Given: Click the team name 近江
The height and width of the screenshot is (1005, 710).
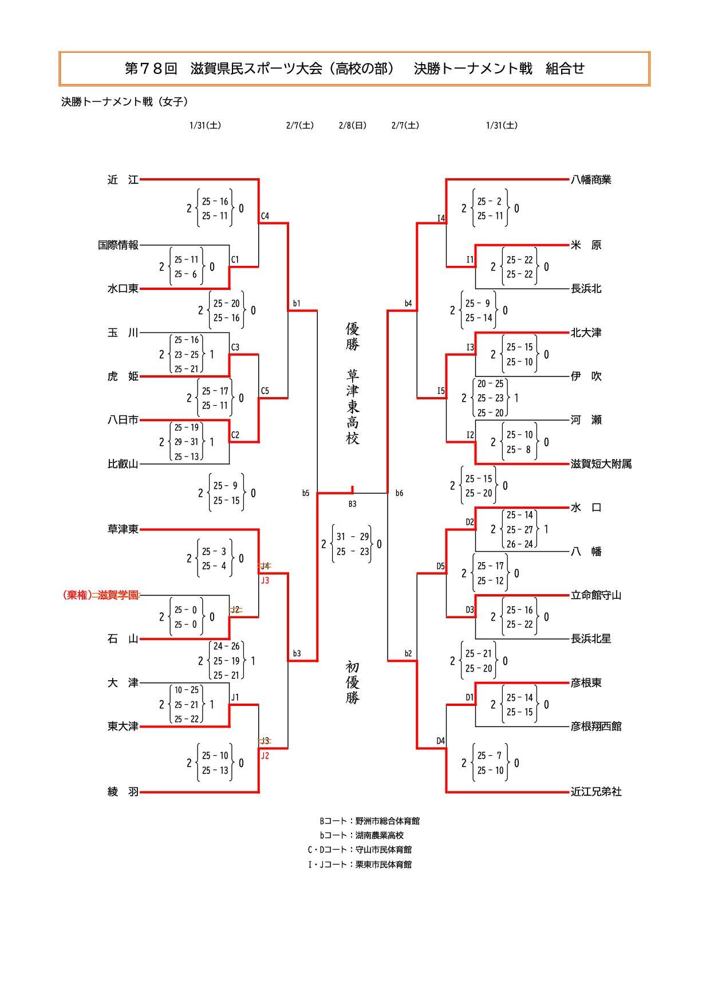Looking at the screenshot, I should (x=123, y=180).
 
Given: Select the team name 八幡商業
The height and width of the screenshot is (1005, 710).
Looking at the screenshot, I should (x=591, y=180).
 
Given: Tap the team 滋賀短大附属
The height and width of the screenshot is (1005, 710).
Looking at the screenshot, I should (x=601, y=464).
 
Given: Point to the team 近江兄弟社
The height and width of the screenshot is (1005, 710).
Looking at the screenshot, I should (x=596, y=792).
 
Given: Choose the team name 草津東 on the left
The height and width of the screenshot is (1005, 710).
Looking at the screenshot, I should (x=123, y=529).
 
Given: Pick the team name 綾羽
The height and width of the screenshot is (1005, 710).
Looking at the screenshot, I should (x=123, y=792).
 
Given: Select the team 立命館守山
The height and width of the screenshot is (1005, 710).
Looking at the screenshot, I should (x=596, y=595).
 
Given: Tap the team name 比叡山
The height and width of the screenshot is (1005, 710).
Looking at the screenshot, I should (x=123, y=464).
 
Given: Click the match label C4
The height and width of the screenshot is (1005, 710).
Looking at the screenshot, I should (x=265, y=217).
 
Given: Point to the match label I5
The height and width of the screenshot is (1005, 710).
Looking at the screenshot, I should (x=441, y=391).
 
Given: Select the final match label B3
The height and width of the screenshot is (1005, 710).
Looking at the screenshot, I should (x=353, y=504).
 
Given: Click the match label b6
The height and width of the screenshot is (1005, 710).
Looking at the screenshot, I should (x=399, y=493).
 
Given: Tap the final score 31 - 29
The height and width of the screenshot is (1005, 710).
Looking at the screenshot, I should (x=353, y=537).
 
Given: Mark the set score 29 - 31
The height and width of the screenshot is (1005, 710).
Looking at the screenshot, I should (x=187, y=442).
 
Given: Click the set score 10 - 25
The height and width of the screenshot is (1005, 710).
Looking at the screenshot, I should (x=187, y=690).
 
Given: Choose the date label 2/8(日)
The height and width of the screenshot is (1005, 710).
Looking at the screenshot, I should (x=353, y=125).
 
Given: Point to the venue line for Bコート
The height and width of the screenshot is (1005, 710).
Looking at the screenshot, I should (x=369, y=821).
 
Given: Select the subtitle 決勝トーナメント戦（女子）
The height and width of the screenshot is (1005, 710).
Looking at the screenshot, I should (x=125, y=102).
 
